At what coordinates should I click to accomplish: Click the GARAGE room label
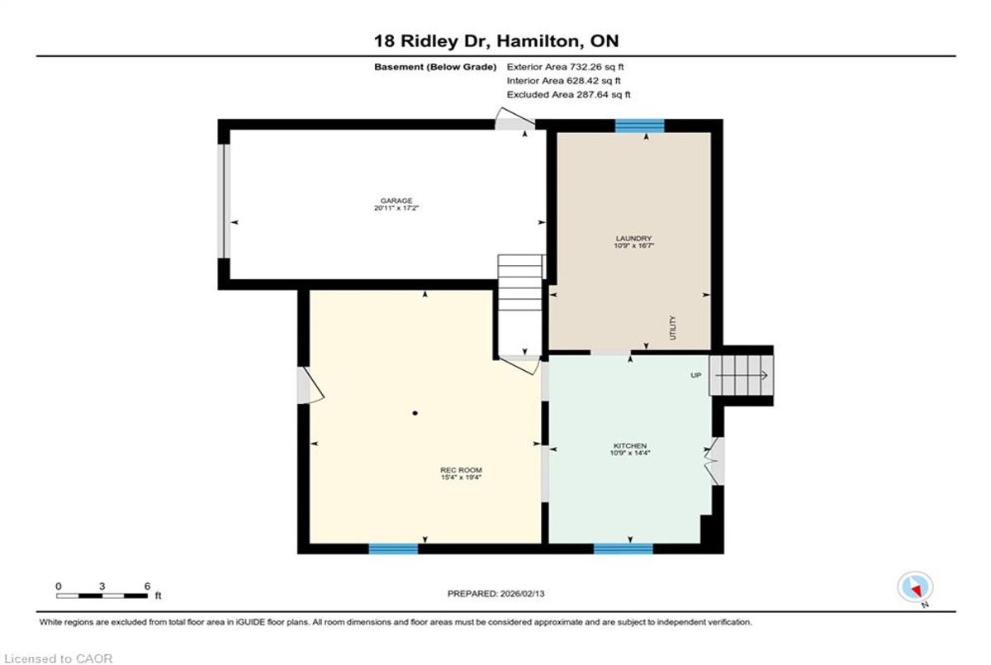point(396,201)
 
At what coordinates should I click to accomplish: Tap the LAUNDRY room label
point(633,238)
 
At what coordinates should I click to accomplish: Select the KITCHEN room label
point(630,445)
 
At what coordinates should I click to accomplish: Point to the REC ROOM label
point(461,470)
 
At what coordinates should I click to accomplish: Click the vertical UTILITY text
point(673,327)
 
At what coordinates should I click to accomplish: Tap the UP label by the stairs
point(696,375)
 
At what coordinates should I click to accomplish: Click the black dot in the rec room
point(415,413)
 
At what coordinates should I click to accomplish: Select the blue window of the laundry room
point(640,126)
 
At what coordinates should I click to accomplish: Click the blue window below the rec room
point(393,549)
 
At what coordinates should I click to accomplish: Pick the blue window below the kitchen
point(624,549)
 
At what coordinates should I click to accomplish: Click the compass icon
point(915,587)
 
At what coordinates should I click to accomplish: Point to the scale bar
point(102,596)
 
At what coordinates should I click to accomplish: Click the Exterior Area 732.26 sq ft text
point(565,67)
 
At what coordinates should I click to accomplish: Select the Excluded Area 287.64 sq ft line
point(568,94)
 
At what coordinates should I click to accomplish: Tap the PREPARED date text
point(496,594)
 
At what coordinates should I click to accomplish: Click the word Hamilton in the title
point(538,41)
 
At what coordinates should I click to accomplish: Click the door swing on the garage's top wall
point(514,118)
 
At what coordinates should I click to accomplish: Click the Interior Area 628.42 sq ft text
point(563,80)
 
